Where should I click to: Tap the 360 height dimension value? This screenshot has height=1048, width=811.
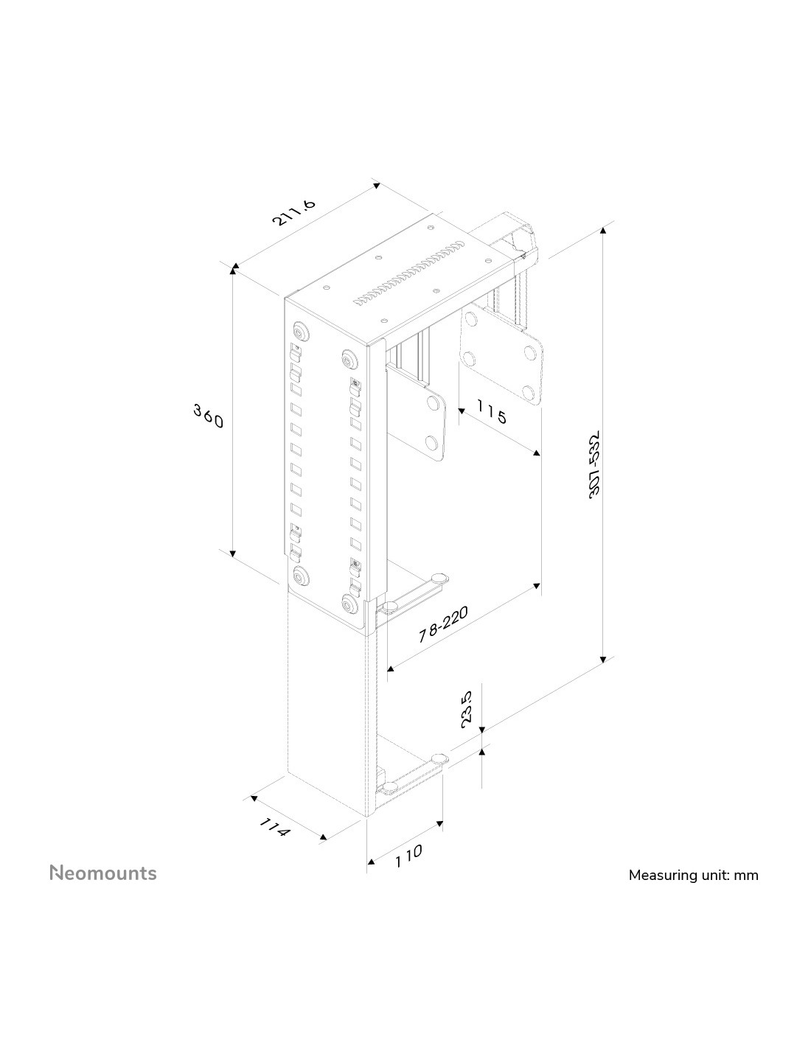[209, 416]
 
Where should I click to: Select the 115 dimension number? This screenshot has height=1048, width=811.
[492, 411]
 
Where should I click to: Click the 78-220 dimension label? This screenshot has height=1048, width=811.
[443, 624]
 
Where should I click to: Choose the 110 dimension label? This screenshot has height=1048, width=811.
[408, 856]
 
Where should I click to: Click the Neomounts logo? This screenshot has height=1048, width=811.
[103, 873]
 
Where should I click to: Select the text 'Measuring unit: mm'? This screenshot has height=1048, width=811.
[693, 875]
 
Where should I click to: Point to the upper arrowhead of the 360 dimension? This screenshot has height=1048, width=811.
[233, 268]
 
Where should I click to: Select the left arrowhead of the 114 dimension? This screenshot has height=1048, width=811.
[254, 798]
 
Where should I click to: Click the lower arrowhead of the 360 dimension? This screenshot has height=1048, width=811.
[233, 553]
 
